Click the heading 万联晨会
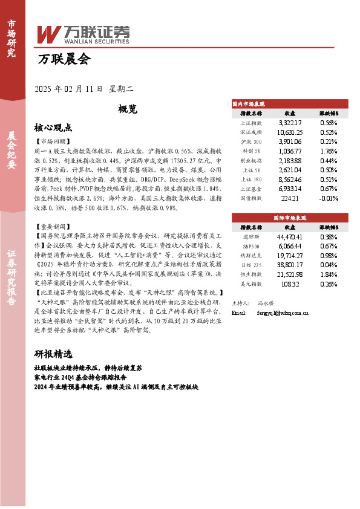(x=64, y=59)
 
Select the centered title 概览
(x=128, y=109)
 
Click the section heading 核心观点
(x=53, y=128)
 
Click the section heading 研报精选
(x=53, y=354)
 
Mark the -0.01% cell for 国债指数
(x=327, y=198)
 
